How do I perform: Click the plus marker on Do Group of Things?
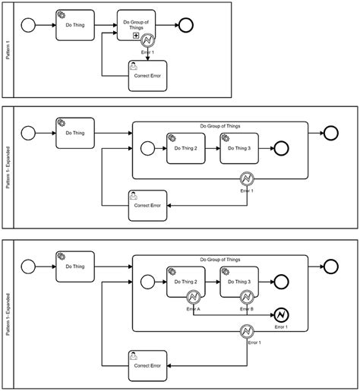[136, 46]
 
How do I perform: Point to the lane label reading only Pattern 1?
[8, 49]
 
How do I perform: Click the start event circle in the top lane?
[30, 24]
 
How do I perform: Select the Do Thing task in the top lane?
[74, 25]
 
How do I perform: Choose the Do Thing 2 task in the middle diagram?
[185, 147]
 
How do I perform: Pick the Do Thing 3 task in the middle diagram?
[238, 147]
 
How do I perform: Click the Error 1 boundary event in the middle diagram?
[246, 179]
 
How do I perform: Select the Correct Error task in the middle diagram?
[147, 204]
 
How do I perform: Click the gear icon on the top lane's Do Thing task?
[62, 15]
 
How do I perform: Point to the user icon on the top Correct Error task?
[132, 65]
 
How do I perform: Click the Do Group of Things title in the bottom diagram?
[220, 260]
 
